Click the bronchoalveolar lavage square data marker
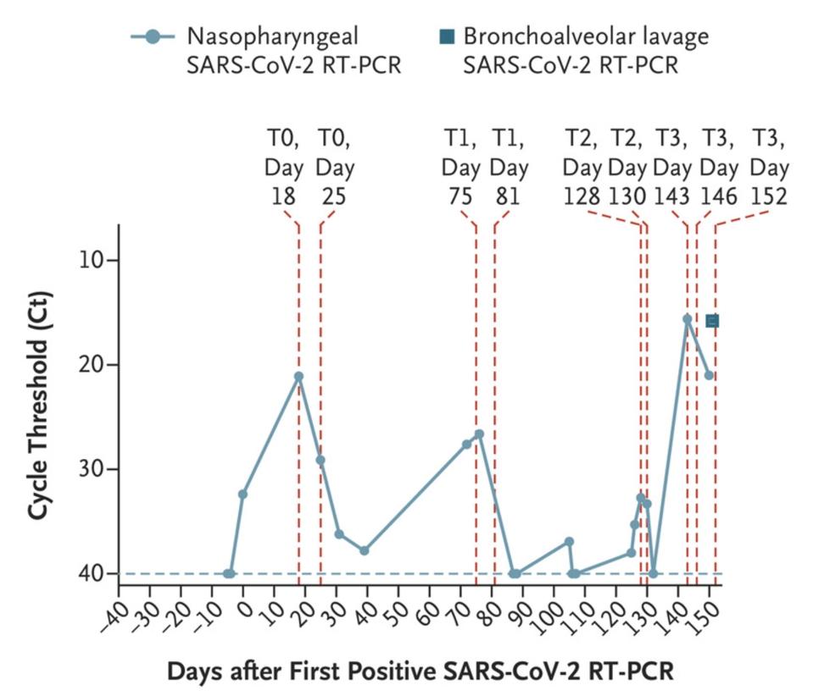(x=712, y=321)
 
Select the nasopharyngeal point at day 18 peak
(x=298, y=376)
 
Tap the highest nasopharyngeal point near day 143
(x=687, y=318)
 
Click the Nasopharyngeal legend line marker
(x=153, y=36)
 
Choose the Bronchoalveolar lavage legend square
(x=448, y=36)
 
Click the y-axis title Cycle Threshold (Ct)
(x=38, y=406)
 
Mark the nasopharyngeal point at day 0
(x=242, y=494)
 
